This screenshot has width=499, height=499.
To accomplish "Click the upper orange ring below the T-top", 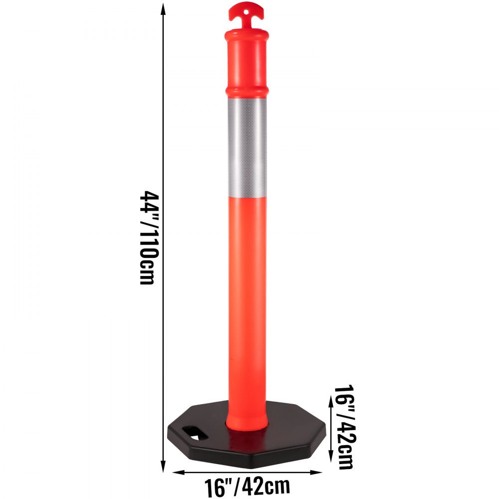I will click(x=247, y=35).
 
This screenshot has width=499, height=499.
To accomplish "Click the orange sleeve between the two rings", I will click(x=247, y=62).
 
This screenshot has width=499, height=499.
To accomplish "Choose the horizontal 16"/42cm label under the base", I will click(x=247, y=485).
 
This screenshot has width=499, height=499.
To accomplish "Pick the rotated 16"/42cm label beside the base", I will click(x=344, y=427).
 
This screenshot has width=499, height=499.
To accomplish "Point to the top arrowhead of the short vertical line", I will click(x=330, y=398).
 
